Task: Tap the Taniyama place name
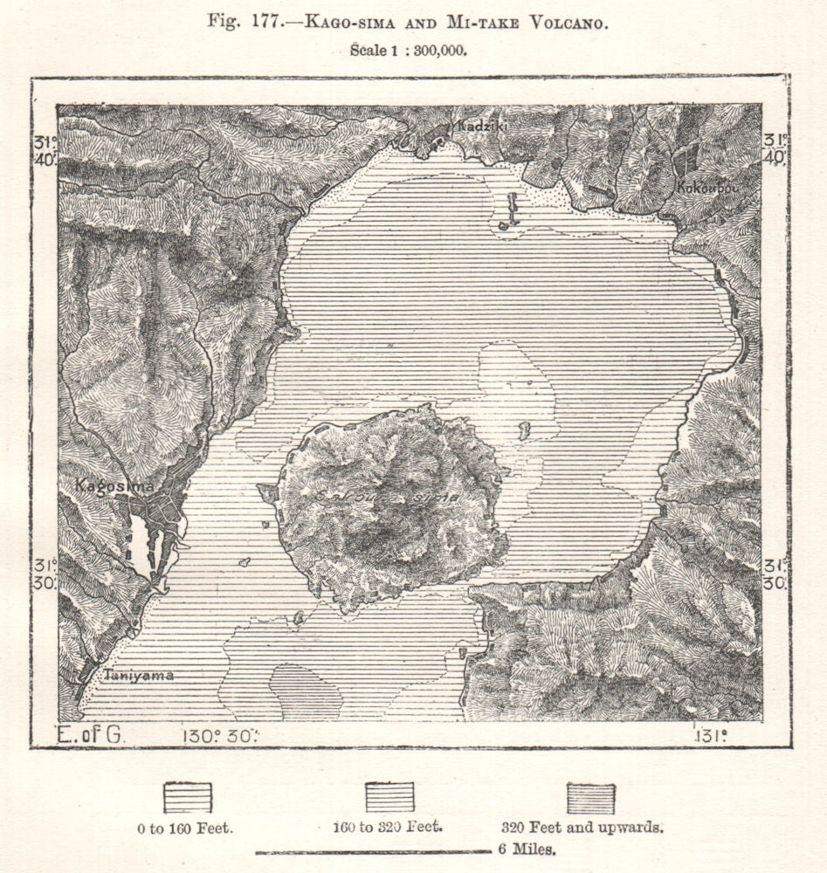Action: coord(138,675)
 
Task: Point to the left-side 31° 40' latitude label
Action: coord(45,148)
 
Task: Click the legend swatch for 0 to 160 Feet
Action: coord(188,797)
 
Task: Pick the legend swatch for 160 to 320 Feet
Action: coord(389,797)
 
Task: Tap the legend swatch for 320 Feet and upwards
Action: coord(590,798)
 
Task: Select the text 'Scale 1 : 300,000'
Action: coord(408,50)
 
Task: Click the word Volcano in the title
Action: coord(565,22)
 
